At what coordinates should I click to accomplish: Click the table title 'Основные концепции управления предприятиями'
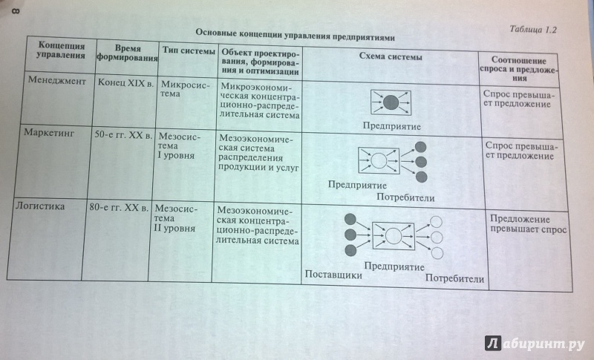(295, 35)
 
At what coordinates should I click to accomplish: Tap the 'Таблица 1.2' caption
(532, 30)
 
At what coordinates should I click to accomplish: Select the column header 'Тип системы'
(189, 51)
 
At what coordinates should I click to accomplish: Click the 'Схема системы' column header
(391, 56)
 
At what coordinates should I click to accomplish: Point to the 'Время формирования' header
(127, 53)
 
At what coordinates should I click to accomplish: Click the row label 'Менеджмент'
(57, 81)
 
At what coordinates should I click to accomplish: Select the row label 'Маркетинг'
(49, 133)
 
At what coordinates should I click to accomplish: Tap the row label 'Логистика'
(40, 206)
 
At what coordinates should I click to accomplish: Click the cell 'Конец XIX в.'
(125, 83)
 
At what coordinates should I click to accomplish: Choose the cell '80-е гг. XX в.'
(119, 207)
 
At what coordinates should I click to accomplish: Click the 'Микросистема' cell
(184, 89)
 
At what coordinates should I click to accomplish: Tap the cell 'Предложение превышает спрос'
(528, 224)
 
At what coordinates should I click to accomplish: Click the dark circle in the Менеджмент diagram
(391, 102)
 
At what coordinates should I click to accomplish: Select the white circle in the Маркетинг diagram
(379, 160)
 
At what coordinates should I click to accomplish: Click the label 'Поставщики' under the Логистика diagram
(333, 275)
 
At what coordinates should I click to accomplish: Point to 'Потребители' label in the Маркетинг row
(405, 197)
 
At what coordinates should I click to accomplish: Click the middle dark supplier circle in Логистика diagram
(350, 235)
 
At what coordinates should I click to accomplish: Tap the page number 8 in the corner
(16, 10)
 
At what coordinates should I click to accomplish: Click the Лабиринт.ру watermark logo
(535, 343)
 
